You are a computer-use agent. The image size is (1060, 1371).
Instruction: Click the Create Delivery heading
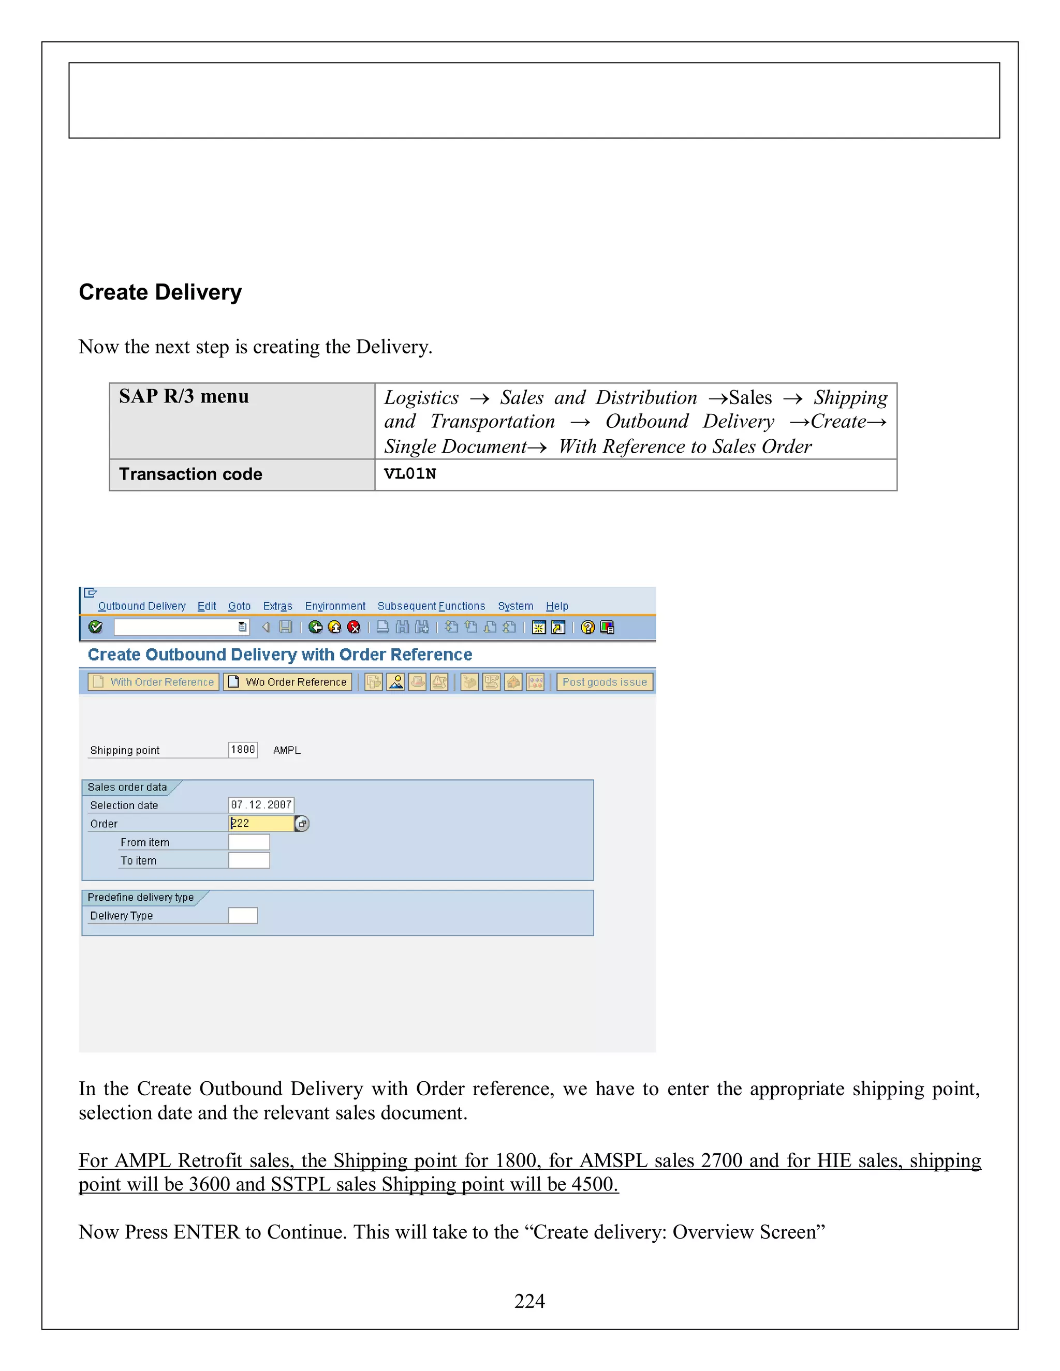[x=160, y=292]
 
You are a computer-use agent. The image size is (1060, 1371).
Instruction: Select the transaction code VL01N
[x=410, y=474]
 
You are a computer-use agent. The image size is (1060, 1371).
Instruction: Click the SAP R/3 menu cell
[x=183, y=397]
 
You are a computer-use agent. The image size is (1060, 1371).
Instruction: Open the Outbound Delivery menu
[x=141, y=606]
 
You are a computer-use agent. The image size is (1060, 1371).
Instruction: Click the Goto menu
[x=239, y=606]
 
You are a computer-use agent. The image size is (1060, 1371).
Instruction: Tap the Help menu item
[x=556, y=606]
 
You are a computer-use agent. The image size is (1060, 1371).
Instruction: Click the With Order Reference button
[x=154, y=682]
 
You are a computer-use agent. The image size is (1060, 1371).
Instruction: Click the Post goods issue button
[x=604, y=682]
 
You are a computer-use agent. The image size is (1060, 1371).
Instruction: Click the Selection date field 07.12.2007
[x=261, y=805]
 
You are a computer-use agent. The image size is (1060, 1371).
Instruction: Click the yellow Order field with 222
[x=261, y=823]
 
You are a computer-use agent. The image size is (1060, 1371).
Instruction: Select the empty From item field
[x=248, y=842]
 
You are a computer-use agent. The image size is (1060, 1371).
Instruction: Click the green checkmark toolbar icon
[x=95, y=627]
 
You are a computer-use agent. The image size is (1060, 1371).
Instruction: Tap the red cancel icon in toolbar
[x=354, y=627]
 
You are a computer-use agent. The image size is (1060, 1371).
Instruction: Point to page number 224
[x=529, y=1301]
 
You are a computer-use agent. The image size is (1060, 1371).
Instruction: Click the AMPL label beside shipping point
[x=287, y=750]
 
